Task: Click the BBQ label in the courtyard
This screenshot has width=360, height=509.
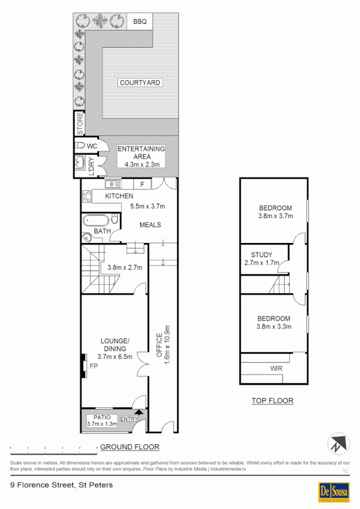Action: point(139,22)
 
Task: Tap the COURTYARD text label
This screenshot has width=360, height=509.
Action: point(140,83)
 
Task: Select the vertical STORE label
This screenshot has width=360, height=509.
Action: point(80,124)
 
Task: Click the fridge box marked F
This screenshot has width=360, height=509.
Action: point(142,184)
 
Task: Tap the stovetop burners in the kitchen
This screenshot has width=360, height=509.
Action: point(87,197)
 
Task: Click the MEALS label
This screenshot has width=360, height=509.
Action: point(150,225)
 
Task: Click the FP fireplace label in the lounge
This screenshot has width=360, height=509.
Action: point(94,366)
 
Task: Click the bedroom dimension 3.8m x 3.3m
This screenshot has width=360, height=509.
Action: point(273,326)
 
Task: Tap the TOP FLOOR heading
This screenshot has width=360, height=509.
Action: point(272,401)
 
